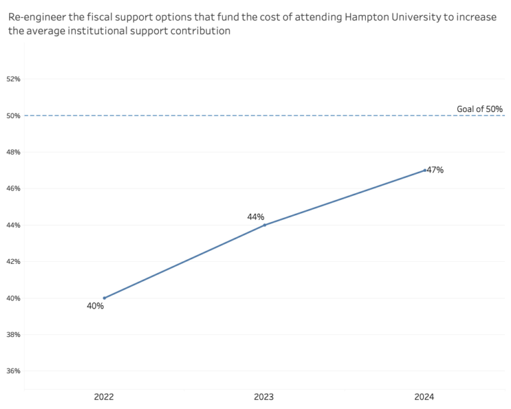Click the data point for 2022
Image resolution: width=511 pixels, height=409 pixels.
104,298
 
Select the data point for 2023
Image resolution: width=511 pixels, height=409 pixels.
265,225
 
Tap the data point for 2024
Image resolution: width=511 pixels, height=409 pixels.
425,170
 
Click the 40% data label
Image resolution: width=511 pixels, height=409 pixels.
95,306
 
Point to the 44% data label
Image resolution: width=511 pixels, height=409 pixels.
255,216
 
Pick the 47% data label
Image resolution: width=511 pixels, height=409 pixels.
435,170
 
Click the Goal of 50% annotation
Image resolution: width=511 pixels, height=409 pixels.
479,109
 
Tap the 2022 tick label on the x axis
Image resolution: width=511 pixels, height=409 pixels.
104,397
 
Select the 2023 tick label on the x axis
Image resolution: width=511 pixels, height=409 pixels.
265,397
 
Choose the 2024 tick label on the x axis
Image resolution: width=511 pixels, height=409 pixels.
425,397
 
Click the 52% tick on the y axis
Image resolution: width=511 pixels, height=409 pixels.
13,79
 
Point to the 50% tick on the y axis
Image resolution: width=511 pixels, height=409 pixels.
13,116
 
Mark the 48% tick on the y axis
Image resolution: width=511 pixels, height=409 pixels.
13,152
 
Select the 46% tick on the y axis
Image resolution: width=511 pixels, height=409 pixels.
13,189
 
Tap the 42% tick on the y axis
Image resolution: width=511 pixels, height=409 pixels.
13,261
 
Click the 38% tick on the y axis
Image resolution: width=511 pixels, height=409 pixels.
13,334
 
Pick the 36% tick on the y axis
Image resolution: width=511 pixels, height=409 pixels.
13,370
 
